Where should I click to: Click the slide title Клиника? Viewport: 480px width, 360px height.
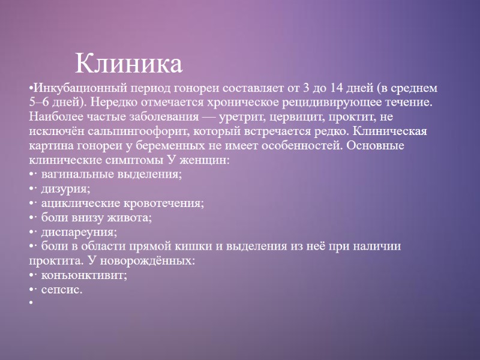pos(128,64)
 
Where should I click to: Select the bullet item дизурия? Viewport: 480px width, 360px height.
pos(65,189)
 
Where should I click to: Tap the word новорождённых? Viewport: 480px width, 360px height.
pos(156,261)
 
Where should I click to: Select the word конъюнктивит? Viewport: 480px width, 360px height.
pos(83,275)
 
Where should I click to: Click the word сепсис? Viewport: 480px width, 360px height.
pos(61,290)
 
